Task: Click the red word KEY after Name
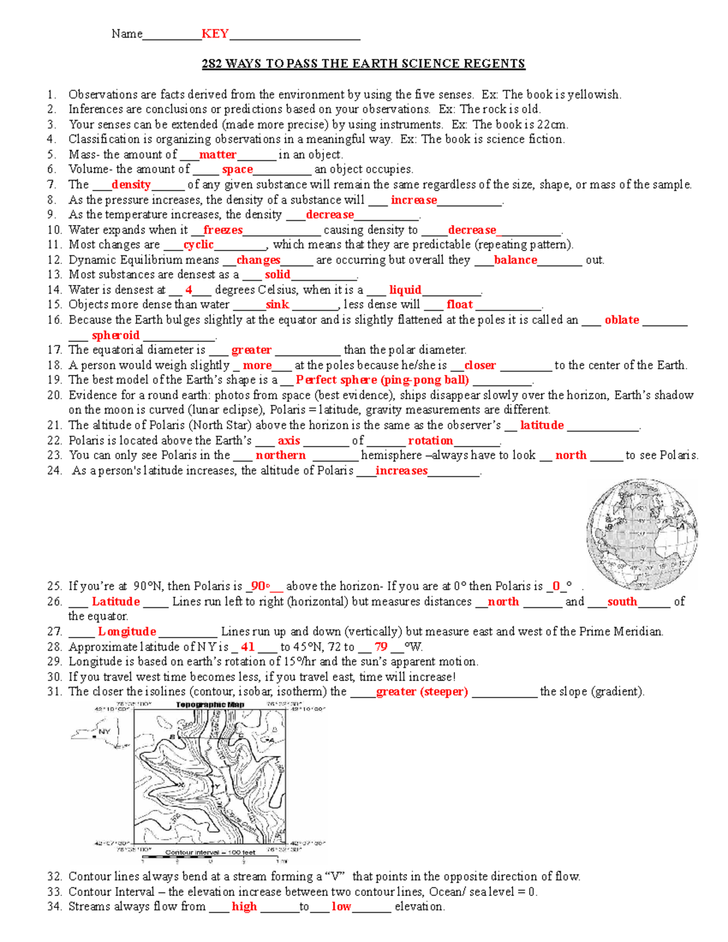pos(215,34)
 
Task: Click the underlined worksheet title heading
pos(363,64)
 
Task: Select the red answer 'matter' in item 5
pos(217,155)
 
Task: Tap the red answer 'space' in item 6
pos(237,170)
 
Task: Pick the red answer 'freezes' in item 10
pos(223,230)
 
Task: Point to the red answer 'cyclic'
pos(198,244)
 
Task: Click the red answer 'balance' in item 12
pos(515,260)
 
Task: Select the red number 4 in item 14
pos(189,290)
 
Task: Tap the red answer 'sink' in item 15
pos(277,305)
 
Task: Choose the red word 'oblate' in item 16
pos(621,320)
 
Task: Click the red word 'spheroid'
pos(115,335)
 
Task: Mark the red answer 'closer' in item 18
pos(480,366)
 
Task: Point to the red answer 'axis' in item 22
pos(289,441)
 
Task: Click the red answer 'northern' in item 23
pos(280,456)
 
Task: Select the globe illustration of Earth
pos(642,533)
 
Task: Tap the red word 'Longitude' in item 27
pos(127,632)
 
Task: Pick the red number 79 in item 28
pos(381,647)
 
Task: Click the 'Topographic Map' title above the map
pos(210,705)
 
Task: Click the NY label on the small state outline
pos(104,732)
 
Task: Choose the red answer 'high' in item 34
pos(244,907)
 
